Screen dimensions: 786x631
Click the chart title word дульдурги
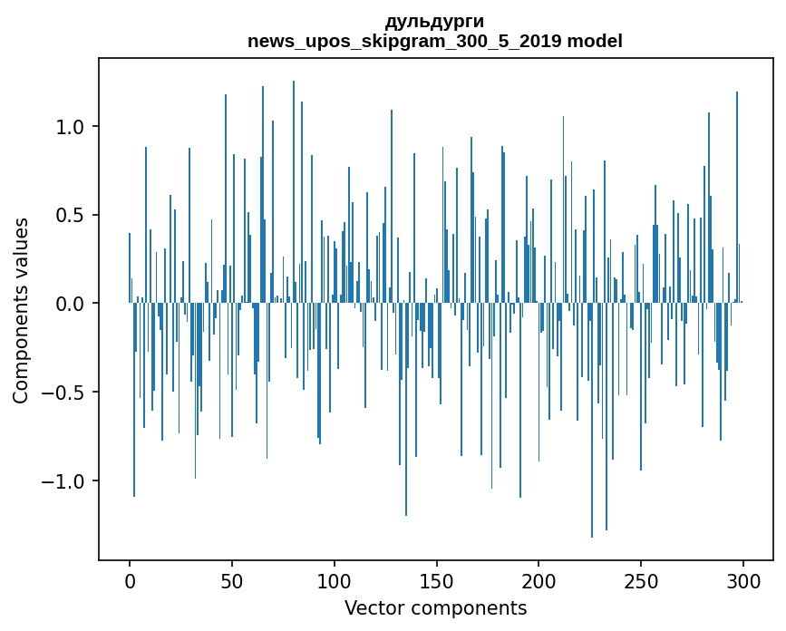coord(434,22)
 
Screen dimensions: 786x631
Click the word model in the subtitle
coord(595,41)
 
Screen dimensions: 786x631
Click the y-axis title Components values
coord(21,311)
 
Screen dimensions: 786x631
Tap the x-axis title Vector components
coord(435,608)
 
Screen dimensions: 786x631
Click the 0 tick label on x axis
coord(130,582)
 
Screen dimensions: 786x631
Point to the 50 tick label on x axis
coord(232,582)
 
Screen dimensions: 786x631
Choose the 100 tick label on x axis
coord(335,582)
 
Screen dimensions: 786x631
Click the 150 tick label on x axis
coord(437,582)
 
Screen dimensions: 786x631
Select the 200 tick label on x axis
coord(539,582)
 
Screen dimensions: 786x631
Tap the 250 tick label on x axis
coord(641,582)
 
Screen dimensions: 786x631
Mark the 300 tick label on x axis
coord(743,582)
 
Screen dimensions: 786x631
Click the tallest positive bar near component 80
coord(294,192)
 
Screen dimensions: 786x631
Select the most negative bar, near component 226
coord(592,420)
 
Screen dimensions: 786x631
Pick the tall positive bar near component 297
coord(737,198)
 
